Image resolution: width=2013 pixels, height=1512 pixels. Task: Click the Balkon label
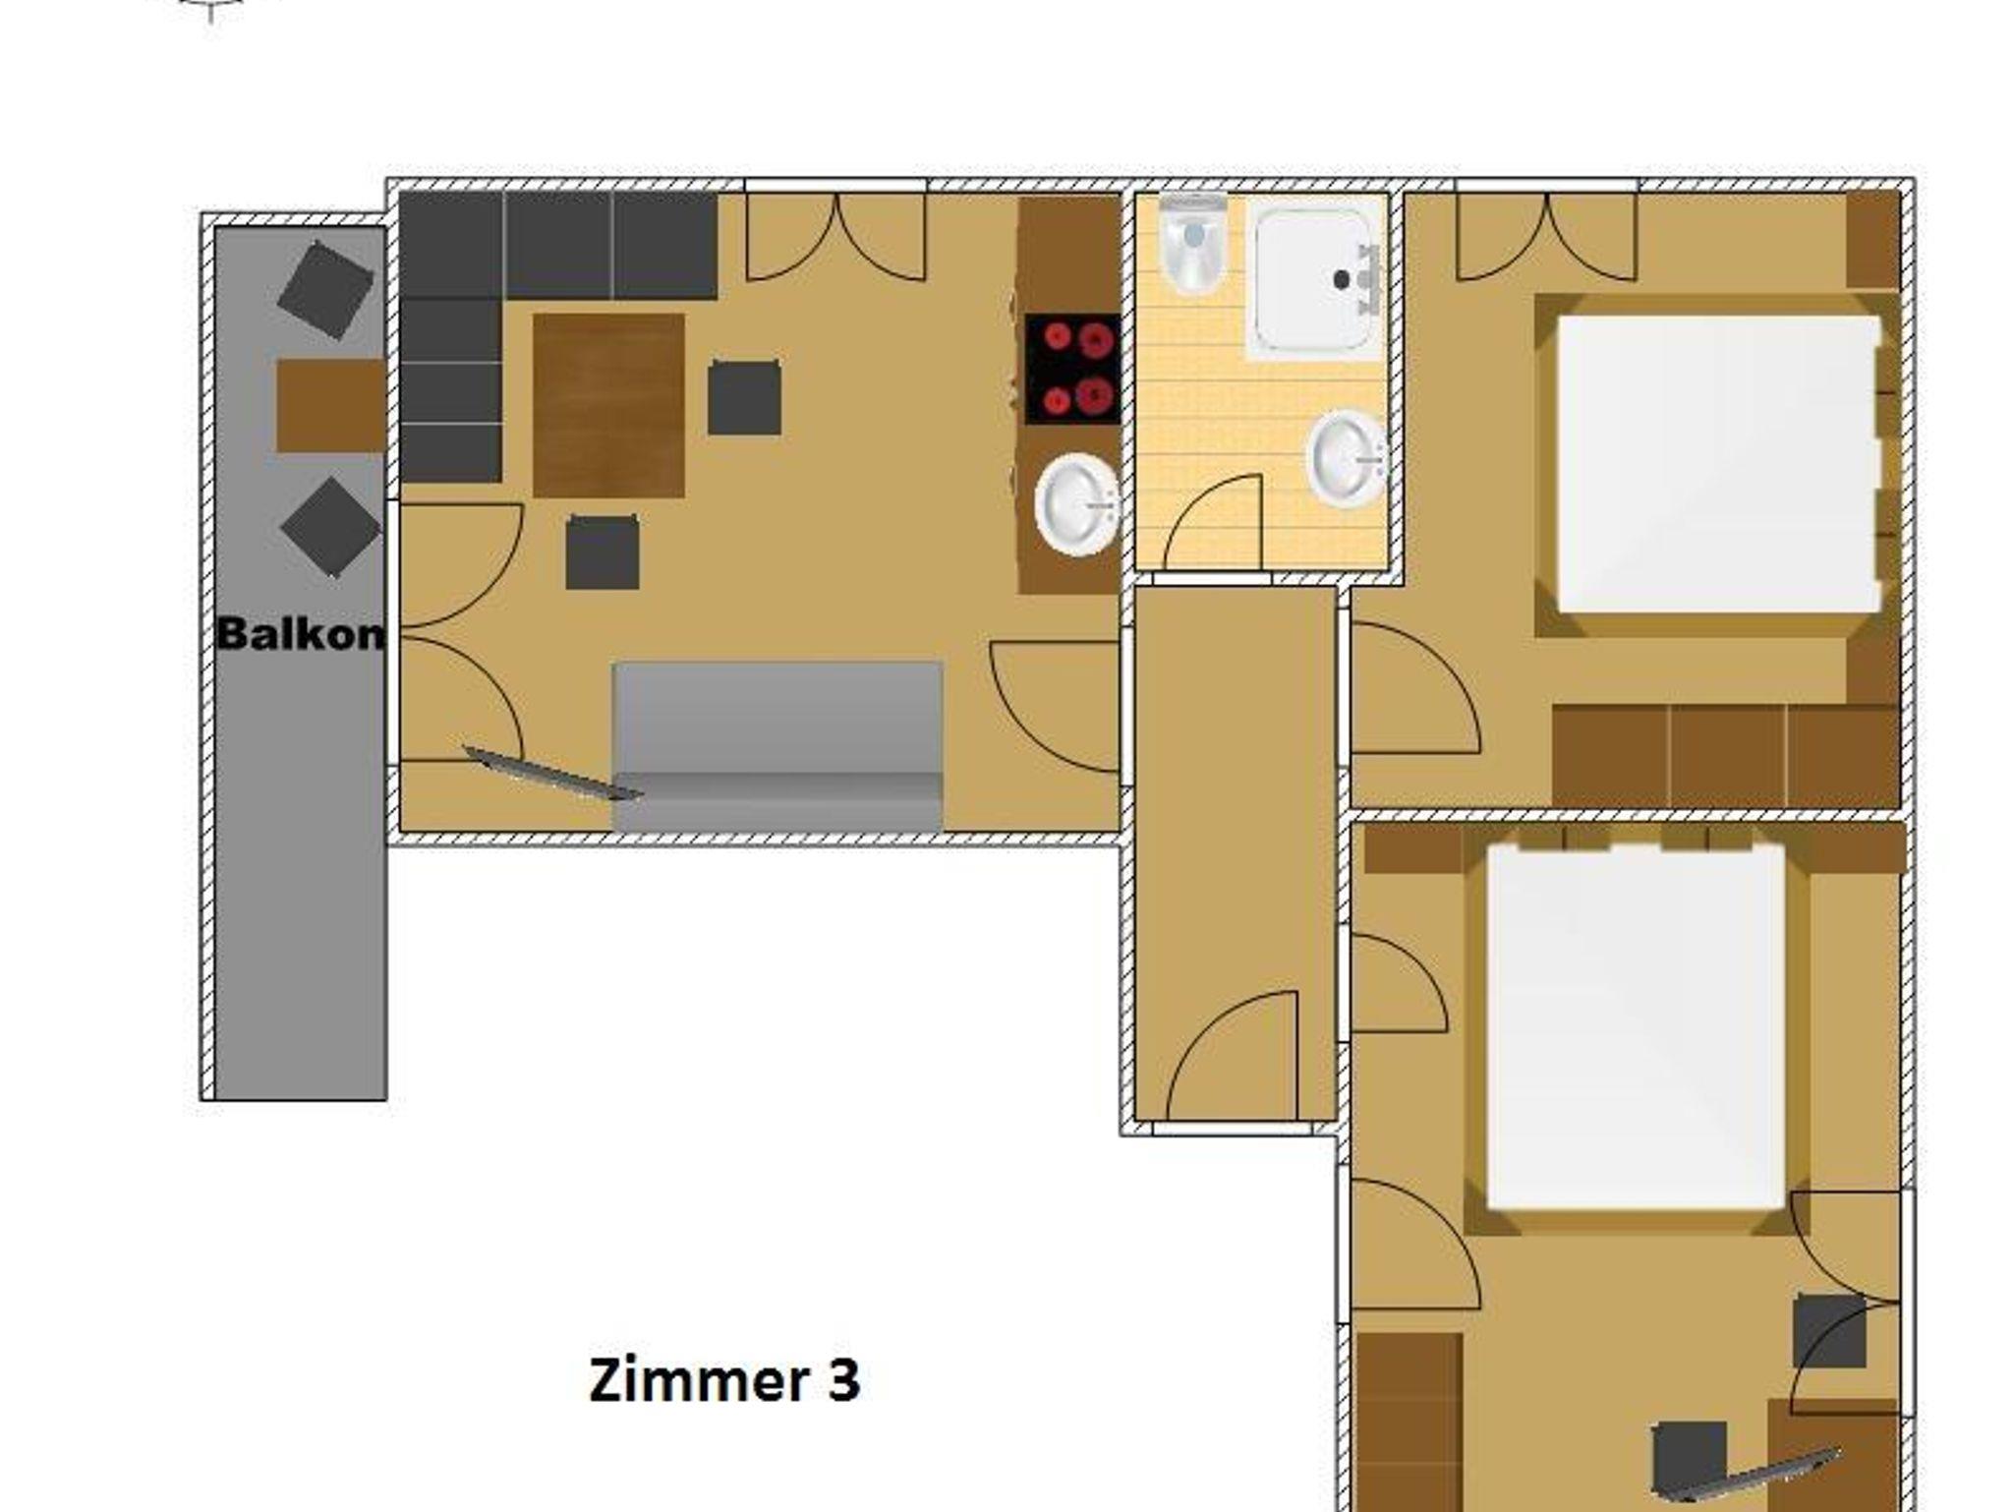(301, 634)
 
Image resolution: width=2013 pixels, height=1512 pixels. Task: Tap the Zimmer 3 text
(724, 1379)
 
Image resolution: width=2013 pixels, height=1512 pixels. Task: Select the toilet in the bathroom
(1193, 243)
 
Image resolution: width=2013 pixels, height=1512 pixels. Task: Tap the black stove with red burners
(1072, 369)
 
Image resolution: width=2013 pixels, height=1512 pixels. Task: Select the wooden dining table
(608, 405)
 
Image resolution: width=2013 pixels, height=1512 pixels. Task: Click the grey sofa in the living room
(777, 746)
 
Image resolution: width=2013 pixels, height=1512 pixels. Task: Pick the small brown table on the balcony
(331, 405)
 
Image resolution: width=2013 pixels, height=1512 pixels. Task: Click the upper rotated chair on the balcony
(325, 291)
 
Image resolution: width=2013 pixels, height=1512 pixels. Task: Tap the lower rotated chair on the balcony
(330, 527)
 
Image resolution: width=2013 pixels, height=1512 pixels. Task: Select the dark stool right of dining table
(744, 397)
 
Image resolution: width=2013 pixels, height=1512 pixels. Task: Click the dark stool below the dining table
(602, 552)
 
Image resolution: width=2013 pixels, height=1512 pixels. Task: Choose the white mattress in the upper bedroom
(1718, 463)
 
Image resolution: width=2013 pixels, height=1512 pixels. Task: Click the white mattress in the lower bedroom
(1636, 1026)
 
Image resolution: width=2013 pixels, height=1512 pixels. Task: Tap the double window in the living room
(835, 236)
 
